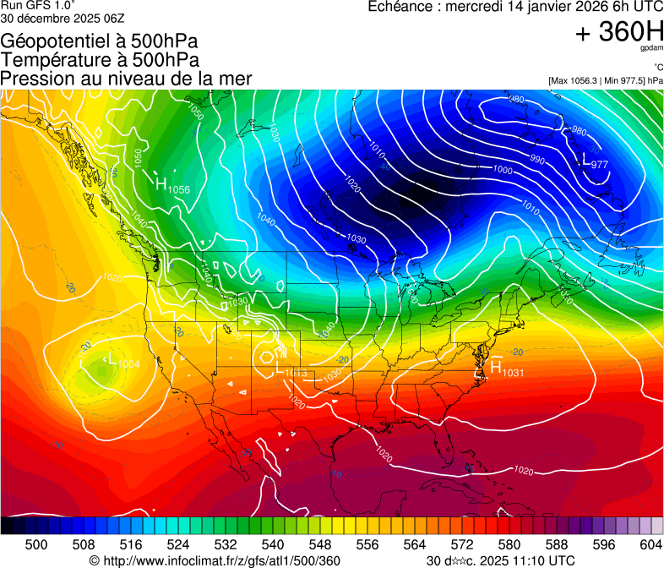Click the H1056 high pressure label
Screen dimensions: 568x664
[x=171, y=186]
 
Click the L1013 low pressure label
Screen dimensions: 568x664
[x=291, y=369]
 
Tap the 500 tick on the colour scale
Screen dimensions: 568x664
[x=36, y=545]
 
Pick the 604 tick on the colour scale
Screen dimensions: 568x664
[x=650, y=545]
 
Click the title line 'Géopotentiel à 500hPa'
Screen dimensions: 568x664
[x=100, y=41]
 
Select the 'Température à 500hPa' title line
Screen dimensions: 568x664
[x=100, y=60]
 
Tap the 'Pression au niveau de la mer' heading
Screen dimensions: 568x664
[x=126, y=79]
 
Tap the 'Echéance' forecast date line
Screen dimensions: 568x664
[x=515, y=7]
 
